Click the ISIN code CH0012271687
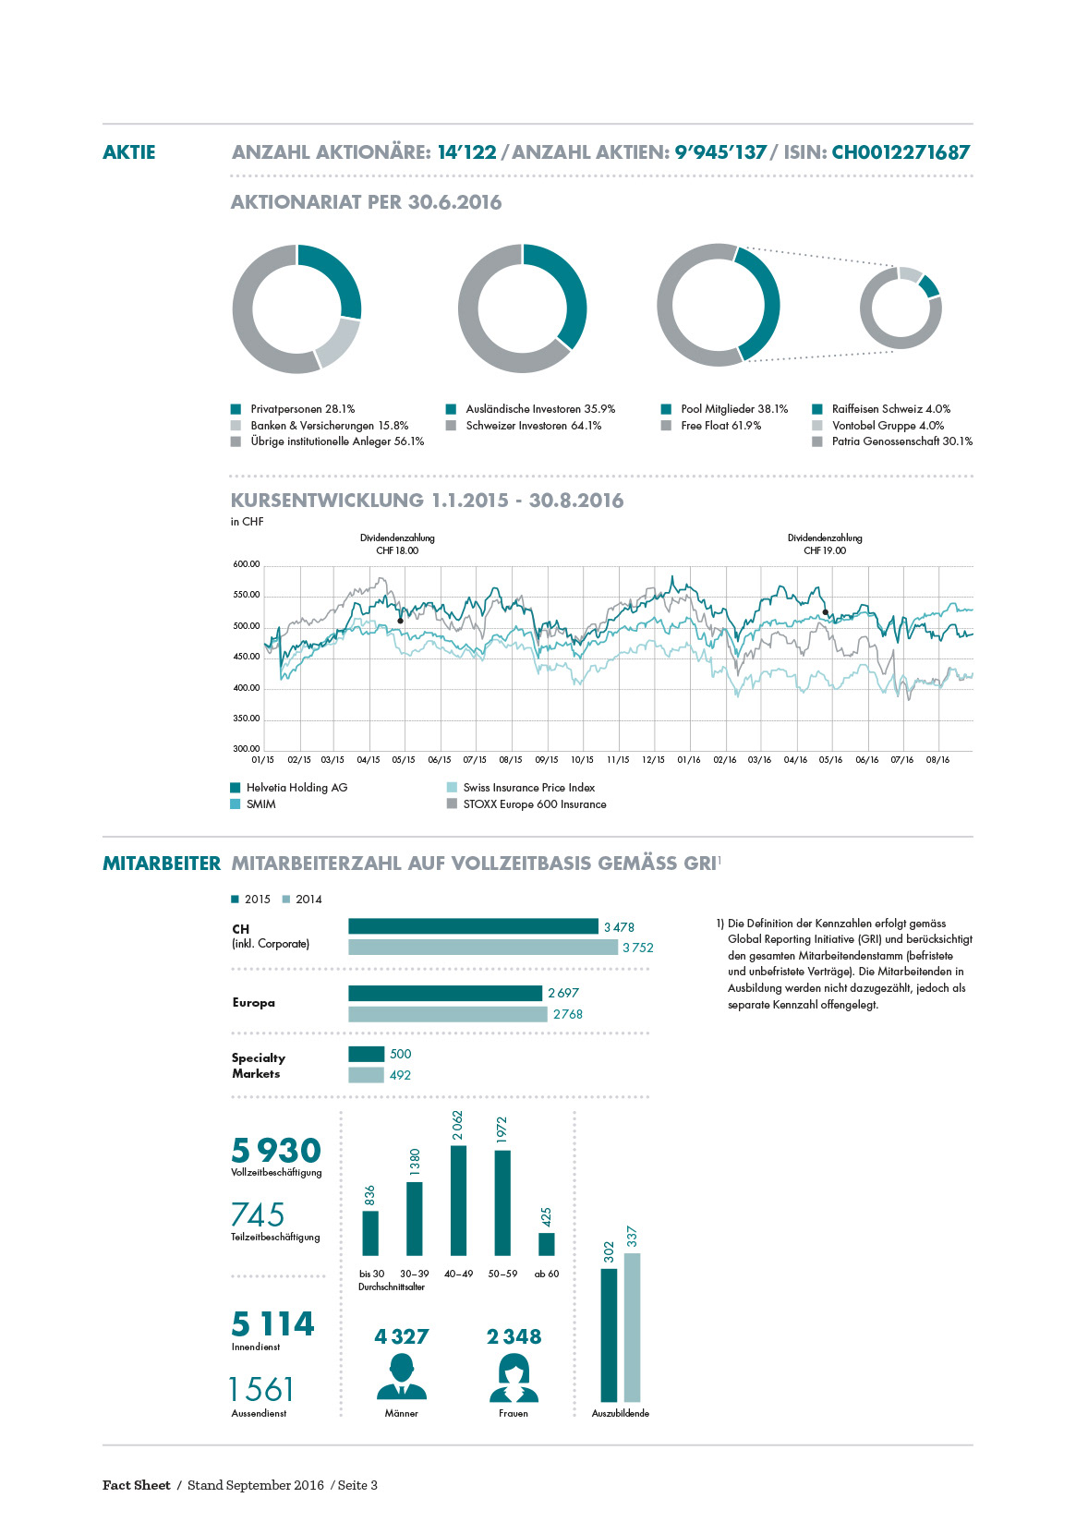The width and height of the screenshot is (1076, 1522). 901,152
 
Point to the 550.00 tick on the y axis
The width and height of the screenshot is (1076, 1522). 246,595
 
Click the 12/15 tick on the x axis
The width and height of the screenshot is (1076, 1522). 653,760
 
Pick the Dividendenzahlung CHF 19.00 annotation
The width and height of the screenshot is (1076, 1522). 825,544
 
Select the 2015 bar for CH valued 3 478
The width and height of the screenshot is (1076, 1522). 473,926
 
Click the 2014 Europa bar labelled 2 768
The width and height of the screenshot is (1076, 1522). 448,1014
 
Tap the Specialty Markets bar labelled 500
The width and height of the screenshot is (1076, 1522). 367,1054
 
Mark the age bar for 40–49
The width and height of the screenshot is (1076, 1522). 458,1201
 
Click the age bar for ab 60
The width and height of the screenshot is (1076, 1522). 547,1244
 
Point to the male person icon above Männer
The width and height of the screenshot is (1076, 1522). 402,1377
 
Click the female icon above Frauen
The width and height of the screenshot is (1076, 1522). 514,1377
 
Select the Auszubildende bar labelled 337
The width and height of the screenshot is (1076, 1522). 632,1328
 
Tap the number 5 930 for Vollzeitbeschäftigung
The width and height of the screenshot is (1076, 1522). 276,1151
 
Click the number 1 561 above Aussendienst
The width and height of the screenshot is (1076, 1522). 261,1390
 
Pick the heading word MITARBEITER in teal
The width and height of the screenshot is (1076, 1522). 162,864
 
